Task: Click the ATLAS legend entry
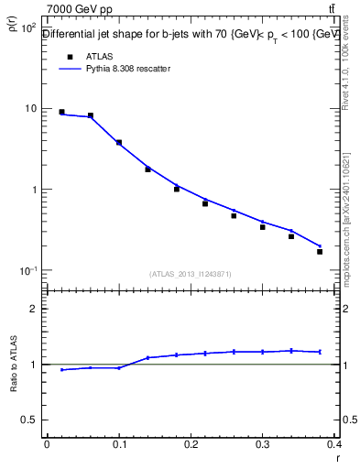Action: click(x=98, y=56)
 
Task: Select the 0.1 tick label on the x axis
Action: click(x=118, y=444)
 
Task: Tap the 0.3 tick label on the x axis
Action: click(x=262, y=444)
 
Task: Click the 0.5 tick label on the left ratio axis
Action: click(x=29, y=420)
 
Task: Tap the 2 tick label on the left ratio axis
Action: click(x=33, y=309)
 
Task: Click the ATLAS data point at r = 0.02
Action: click(x=61, y=112)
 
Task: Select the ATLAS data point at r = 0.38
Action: click(x=320, y=251)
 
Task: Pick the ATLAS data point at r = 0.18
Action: click(x=177, y=189)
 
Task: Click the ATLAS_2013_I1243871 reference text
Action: click(x=191, y=274)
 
